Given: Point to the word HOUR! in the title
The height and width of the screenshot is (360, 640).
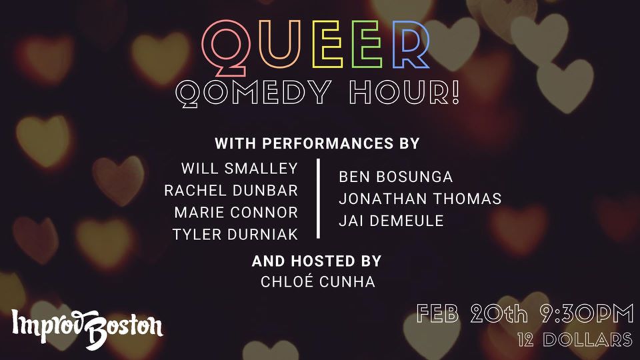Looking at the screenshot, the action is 405,91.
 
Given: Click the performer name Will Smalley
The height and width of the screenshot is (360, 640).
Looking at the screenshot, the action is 239,169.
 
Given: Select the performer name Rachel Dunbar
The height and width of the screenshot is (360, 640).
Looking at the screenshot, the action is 231,191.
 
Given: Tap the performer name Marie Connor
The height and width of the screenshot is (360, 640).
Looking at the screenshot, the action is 236,213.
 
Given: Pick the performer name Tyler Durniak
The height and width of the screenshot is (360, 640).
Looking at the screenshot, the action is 235,235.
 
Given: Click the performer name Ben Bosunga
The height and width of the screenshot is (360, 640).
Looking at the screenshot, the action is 395,177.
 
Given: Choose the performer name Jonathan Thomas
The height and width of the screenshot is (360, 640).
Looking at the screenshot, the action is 420,199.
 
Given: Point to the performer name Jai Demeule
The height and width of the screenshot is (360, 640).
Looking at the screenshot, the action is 391,221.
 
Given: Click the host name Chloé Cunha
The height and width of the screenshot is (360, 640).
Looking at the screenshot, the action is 317,281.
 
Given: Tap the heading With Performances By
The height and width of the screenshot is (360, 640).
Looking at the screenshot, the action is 317,143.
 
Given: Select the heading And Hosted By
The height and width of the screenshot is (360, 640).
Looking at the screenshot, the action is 316,261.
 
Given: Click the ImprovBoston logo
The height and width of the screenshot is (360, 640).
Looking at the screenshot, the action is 87,328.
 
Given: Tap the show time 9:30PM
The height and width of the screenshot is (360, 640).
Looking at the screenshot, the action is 587,314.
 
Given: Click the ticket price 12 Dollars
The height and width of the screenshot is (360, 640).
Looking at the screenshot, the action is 575,339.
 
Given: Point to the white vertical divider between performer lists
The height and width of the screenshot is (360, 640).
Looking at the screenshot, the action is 318,199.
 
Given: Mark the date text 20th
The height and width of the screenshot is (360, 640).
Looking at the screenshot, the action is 499,314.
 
